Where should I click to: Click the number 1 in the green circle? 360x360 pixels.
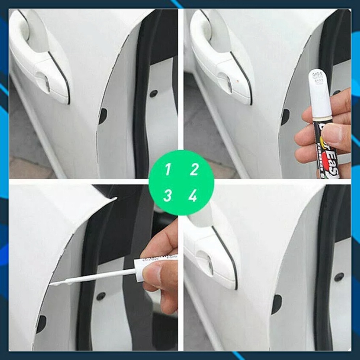[x=167, y=169]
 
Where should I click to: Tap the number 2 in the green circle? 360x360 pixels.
[x=194, y=169]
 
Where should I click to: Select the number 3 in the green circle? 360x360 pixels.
[x=167, y=195]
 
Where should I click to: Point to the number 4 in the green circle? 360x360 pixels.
[x=193, y=196]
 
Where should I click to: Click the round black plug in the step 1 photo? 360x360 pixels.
[x=154, y=94]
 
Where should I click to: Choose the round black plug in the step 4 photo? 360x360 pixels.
[x=339, y=277]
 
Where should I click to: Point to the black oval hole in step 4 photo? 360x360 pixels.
[x=277, y=304]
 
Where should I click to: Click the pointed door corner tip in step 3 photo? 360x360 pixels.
[x=115, y=198]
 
